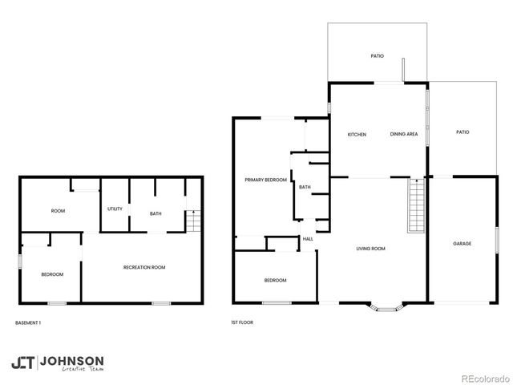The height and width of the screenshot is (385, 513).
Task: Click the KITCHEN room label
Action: point(357,134)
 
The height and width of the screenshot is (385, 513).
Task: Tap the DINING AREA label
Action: point(404,134)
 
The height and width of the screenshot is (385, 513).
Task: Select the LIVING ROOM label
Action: point(371,249)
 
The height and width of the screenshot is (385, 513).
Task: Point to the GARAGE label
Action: point(462,243)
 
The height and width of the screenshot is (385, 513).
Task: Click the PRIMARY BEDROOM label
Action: point(266,180)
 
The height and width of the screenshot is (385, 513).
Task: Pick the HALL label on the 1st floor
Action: point(308,238)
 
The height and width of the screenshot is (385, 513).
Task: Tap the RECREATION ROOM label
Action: point(144,267)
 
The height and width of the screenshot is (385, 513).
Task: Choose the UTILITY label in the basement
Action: point(115,209)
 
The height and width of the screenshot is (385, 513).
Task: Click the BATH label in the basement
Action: point(156,213)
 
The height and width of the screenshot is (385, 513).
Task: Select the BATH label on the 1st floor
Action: point(305,187)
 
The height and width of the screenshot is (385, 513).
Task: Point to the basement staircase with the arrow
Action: point(192,221)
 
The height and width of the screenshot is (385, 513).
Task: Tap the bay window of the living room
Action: point(386,307)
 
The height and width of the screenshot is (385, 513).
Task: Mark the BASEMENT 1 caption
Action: point(28,323)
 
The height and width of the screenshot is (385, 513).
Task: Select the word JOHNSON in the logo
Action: point(71,360)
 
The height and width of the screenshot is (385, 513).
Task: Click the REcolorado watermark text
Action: point(482,377)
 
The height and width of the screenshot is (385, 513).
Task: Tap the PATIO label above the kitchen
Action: point(377,56)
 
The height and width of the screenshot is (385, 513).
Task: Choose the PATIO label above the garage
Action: point(462,132)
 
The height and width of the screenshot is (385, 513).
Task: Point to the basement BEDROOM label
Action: point(52,274)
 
